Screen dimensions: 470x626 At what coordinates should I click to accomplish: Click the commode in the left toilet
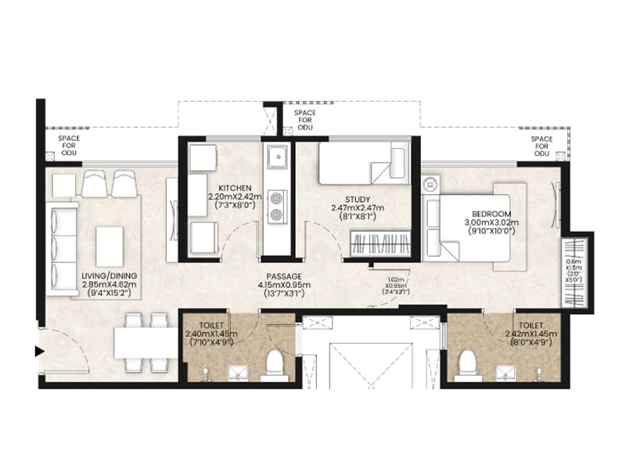tap(274, 363)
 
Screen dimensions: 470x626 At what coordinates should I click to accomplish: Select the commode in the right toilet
tap(467, 363)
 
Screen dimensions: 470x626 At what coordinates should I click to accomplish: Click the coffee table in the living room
tap(109, 244)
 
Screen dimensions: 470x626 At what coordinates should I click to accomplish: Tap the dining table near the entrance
tap(146, 342)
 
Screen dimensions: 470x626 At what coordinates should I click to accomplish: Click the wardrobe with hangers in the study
tap(379, 244)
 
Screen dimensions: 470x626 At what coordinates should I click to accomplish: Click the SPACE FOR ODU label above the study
tap(305, 121)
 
